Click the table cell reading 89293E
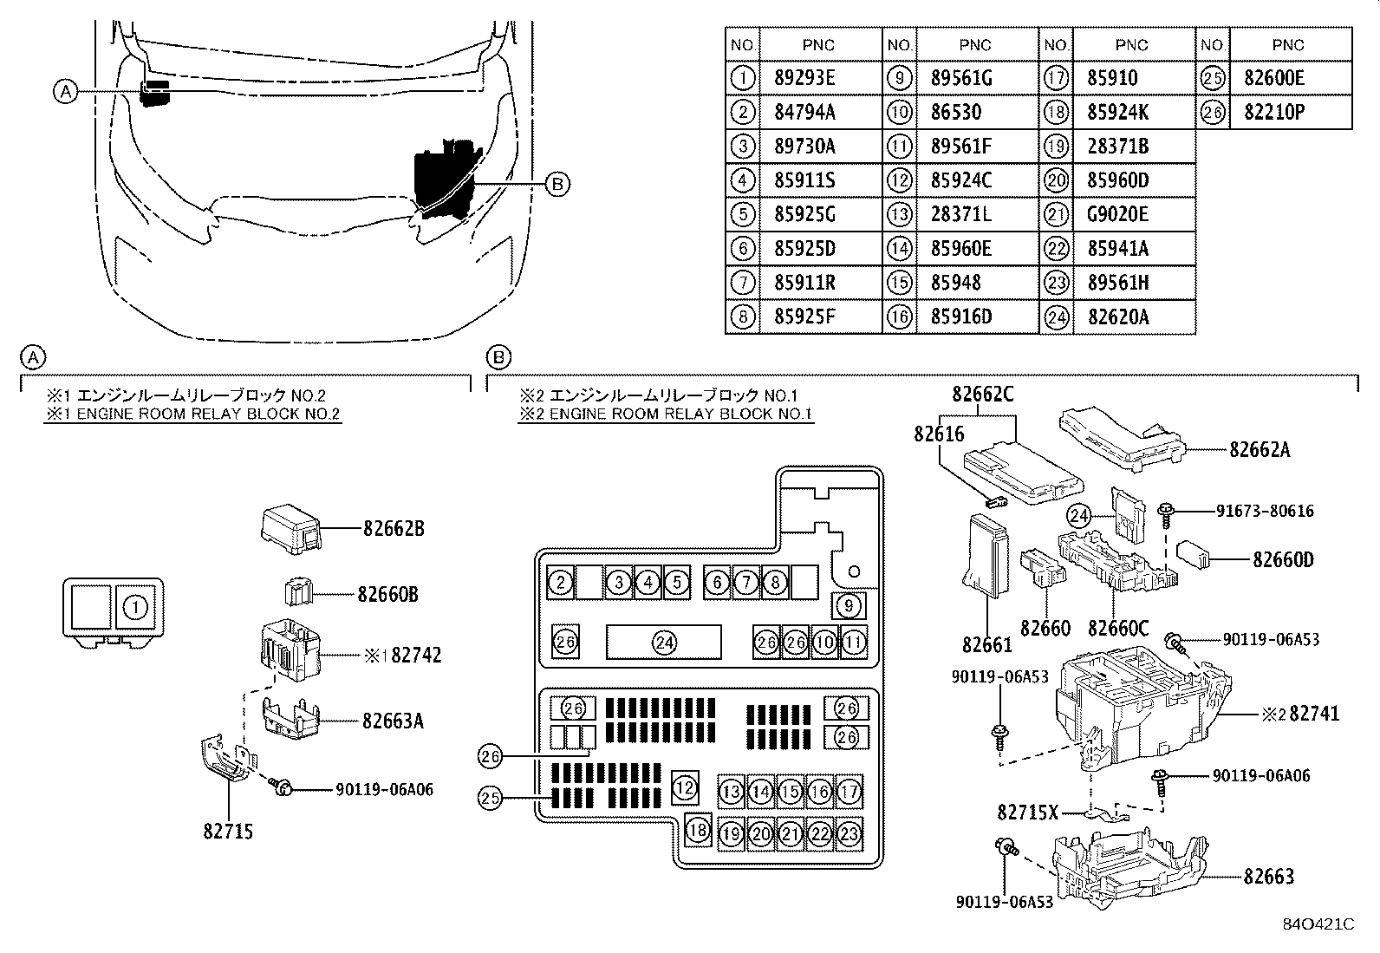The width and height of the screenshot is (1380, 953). tap(804, 78)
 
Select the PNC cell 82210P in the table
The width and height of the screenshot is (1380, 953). tap(1274, 112)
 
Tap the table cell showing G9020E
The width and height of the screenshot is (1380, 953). tap(1117, 214)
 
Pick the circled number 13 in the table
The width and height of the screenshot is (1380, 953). tap(900, 214)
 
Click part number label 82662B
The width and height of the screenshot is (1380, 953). tap(394, 529)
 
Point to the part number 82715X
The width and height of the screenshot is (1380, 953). tap(1027, 813)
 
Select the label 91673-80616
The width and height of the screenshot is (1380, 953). tap(1265, 511)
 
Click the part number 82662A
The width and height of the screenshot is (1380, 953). tap(1260, 449)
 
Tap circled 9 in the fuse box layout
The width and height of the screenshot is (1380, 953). tap(849, 606)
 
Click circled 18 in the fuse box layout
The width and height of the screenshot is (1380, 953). tap(698, 830)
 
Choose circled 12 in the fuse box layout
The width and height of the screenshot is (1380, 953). tap(685, 787)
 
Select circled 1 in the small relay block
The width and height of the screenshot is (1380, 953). tap(135, 608)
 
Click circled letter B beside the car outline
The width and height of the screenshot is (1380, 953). tap(557, 185)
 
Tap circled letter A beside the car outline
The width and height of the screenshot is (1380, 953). tap(66, 92)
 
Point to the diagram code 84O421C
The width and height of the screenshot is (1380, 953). tap(1318, 924)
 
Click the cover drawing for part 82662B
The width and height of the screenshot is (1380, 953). tap(290, 529)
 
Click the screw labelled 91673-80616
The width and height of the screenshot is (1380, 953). tap(1166, 516)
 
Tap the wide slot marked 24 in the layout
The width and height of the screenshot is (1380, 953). tap(663, 643)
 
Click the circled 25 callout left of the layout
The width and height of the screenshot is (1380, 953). tap(490, 799)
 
